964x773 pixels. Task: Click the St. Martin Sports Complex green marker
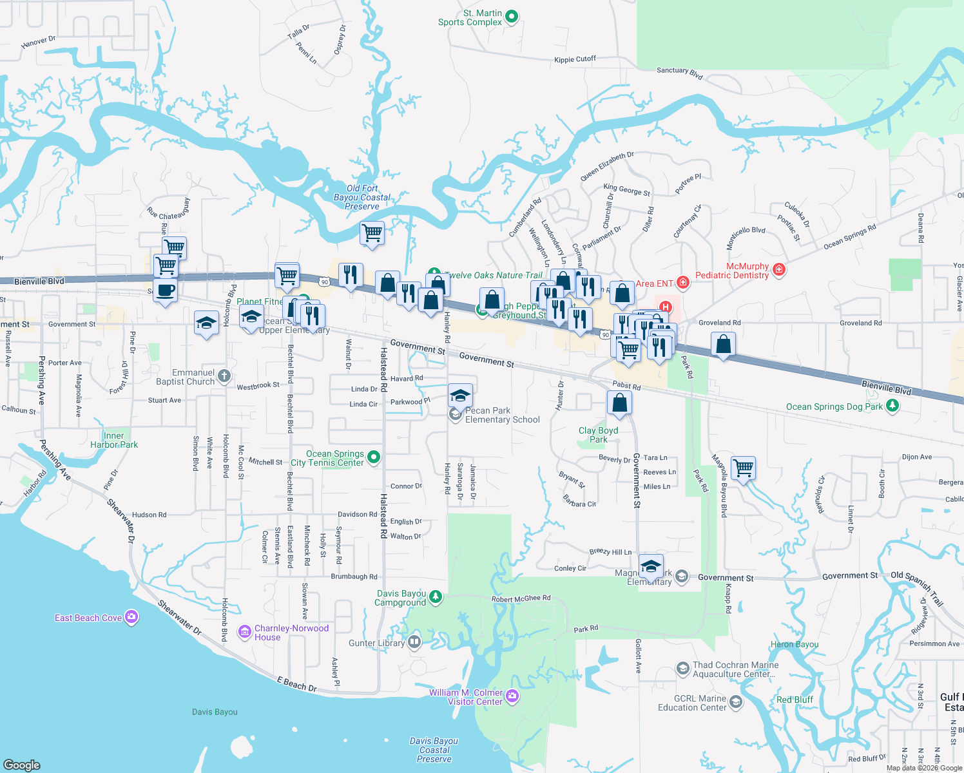click(512, 17)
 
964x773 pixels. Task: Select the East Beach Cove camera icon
click(131, 618)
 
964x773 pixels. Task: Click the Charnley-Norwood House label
click(291, 633)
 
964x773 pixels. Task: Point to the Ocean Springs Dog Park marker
click(892, 406)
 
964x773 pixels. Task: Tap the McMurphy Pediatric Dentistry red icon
click(779, 269)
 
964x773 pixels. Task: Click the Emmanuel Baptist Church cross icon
click(224, 376)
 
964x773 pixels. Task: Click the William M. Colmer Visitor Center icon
click(512, 696)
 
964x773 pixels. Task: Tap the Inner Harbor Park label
click(114, 440)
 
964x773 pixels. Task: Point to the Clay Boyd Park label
click(598, 435)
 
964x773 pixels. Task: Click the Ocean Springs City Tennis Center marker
click(373, 457)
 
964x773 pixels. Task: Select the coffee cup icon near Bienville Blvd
click(165, 291)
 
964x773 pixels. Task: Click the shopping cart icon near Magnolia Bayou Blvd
click(743, 467)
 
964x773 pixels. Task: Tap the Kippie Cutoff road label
click(575, 59)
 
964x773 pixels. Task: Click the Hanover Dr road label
click(38, 43)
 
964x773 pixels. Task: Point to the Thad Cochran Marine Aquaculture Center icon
click(682, 669)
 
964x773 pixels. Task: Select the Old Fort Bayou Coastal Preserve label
click(362, 197)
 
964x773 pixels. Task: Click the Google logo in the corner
click(22, 765)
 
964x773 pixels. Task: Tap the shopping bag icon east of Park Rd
click(723, 344)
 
